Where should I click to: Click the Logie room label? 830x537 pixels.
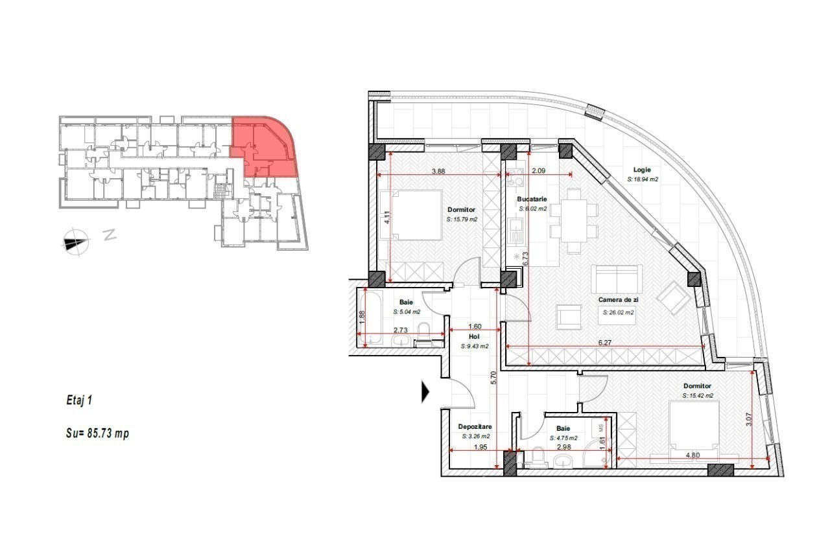(642, 170)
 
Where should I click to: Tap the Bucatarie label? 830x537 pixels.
(532, 199)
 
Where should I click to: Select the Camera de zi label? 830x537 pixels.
(618, 300)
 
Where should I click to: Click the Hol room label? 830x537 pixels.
(474, 337)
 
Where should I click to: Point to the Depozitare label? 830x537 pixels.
(475, 427)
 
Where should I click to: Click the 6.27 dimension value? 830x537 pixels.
(605, 343)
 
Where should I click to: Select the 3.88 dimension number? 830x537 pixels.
(438, 172)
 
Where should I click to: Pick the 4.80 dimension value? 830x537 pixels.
(693, 455)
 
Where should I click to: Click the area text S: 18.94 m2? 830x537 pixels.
(643, 179)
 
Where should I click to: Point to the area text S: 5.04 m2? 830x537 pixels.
(407, 312)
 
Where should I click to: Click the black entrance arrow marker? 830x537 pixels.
(425, 392)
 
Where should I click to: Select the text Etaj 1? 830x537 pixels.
(79, 400)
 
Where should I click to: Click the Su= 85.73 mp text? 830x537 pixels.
(97, 433)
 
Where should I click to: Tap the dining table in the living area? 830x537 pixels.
(574, 221)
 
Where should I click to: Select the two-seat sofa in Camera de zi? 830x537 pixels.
(617, 279)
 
